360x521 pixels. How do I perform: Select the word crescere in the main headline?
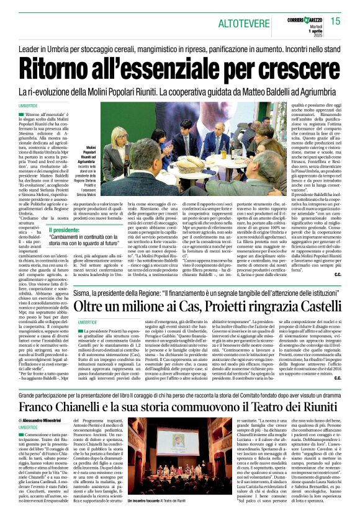pos(303,68)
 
